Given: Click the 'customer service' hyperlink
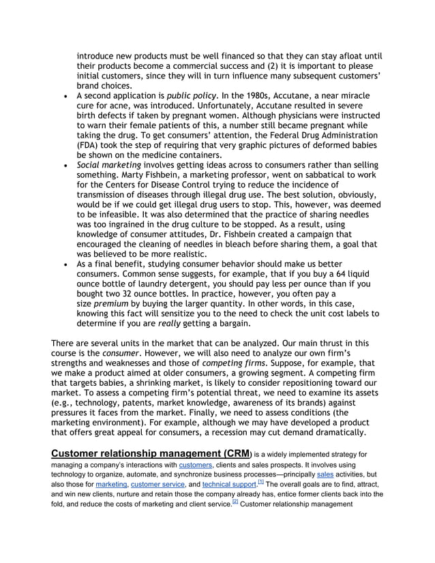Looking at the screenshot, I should (159, 483).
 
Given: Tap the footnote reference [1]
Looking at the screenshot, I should (260, 481).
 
